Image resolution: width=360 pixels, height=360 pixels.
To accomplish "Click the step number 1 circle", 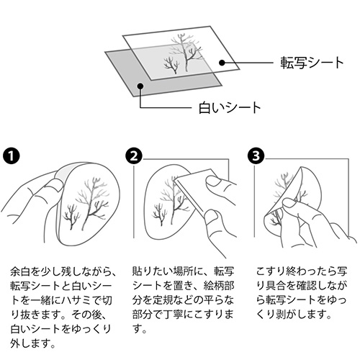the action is (x=11, y=156).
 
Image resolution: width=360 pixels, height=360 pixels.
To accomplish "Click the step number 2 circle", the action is (x=134, y=156).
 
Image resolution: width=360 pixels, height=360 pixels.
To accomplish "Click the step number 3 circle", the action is (x=256, y=156).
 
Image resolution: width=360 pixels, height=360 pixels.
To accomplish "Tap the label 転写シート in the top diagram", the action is (x=312, y=63).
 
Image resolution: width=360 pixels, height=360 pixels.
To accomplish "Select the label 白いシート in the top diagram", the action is (x=230, y=108).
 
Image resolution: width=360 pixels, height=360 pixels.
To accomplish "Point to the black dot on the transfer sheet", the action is (x=222, y=63).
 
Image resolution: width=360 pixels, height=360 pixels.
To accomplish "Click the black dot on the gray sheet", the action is (x=140, y=86).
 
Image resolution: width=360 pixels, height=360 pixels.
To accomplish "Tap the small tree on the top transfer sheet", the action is (x=171, y=65).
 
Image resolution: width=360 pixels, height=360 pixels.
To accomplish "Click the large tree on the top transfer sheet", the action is (x=186, y=52).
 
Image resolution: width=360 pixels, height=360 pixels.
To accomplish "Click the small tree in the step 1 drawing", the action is (x=70, y=217).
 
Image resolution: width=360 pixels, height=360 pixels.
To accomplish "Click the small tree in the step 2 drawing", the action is (x=159, y=214).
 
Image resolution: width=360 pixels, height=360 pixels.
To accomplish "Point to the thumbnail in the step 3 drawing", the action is (x=290, y=203).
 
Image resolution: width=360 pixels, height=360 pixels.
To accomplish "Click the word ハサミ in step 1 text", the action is (x=76, y=300).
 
